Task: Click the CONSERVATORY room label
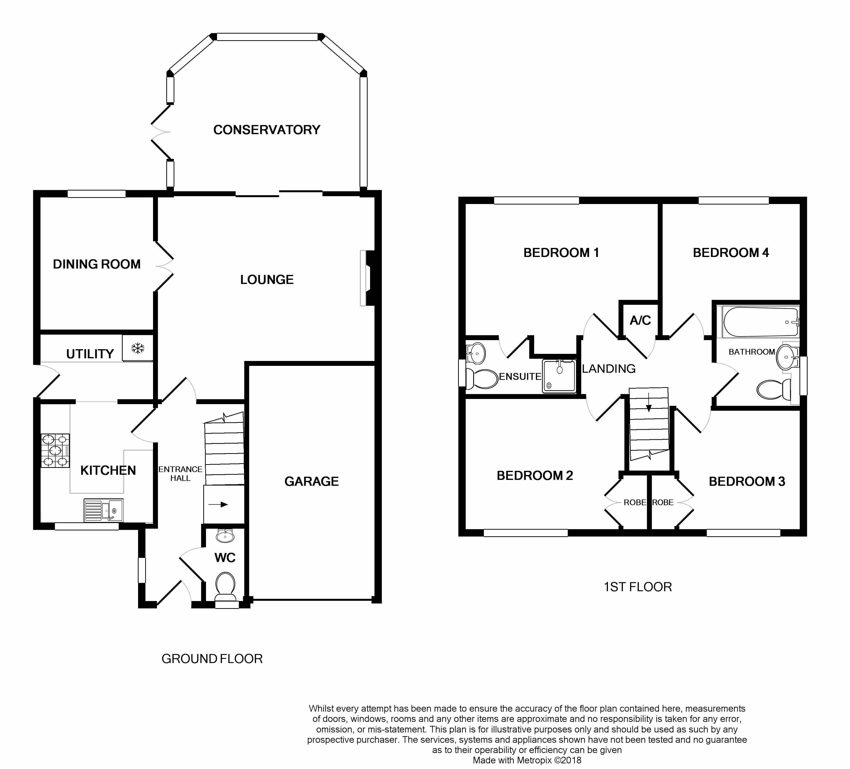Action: tap(267, 130)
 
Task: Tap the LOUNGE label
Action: tap(267, 280)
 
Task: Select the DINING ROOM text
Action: tap(97, 264)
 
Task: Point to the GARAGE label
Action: tap(312, 481)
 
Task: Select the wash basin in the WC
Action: tap(225, 536)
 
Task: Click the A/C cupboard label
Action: tap(640, 321)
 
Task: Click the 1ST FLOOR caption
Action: tap(638, 587)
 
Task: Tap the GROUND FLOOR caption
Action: tap(212, 659)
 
